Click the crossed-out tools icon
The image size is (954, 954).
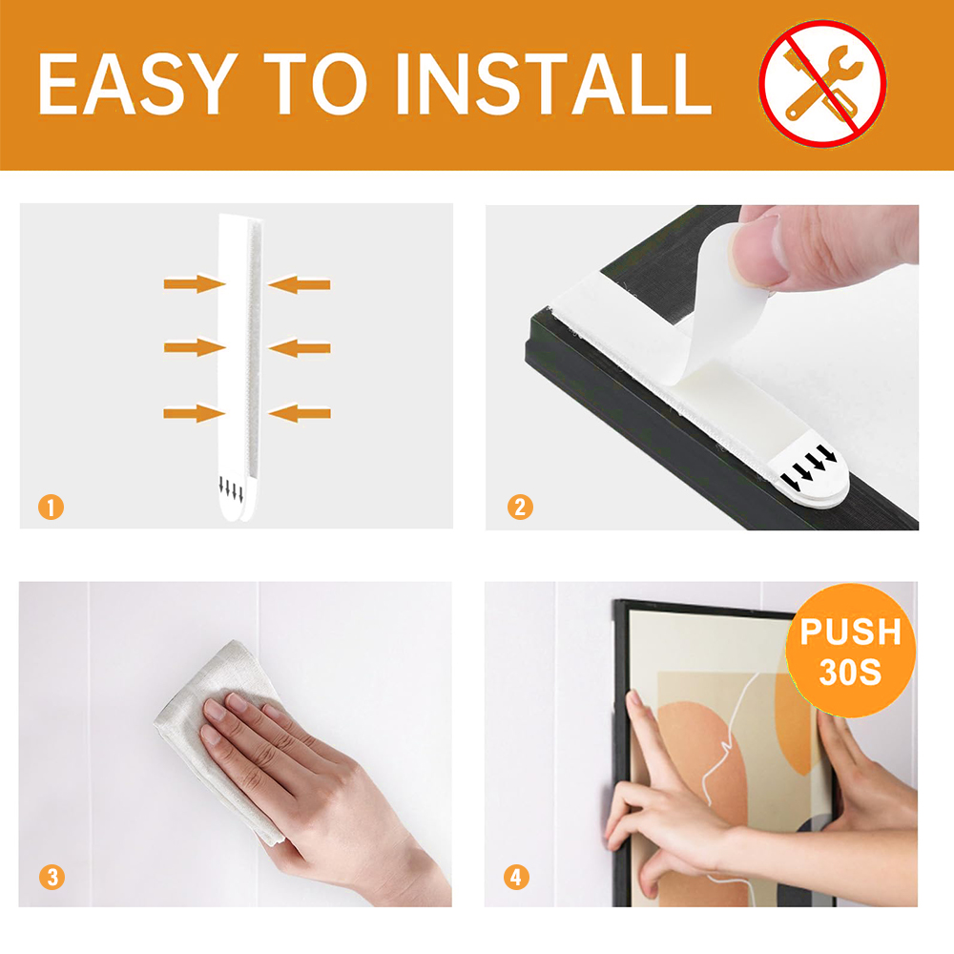coord(822,84)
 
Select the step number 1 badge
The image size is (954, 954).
coord(52,507)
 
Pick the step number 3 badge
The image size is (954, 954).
coord(52,876)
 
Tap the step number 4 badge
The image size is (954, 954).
coord(517,876)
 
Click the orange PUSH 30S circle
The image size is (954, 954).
coord(849,652)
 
